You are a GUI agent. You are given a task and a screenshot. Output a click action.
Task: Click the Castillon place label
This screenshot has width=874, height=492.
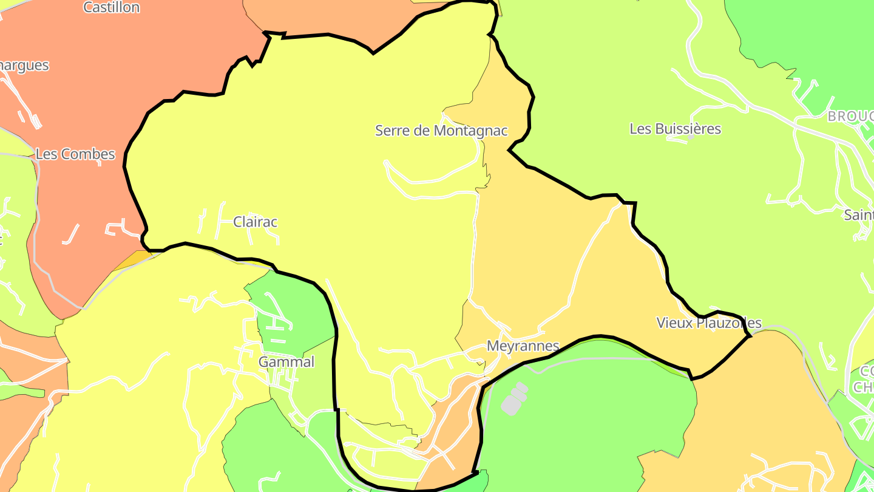click(x=112, y=8)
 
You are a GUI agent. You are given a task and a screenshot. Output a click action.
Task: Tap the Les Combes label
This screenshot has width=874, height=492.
click(x=75, y=154)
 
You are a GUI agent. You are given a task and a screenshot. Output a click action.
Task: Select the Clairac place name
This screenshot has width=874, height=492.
click(x=255, y=222)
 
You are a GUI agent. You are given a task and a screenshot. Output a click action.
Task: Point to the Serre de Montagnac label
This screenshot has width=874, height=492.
click(x=441, y=131)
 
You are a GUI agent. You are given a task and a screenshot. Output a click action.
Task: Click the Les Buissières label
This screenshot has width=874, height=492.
click(x=675, y=129)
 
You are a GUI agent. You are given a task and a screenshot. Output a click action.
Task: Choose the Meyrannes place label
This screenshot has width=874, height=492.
click(x=523, y=346)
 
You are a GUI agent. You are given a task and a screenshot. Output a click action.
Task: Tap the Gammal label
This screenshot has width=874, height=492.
click(x=286, y=362)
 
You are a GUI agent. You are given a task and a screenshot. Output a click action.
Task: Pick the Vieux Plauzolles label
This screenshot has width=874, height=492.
click(x=709, y=323)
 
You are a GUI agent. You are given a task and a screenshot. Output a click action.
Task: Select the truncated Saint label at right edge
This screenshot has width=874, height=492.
click(x=859, y=215)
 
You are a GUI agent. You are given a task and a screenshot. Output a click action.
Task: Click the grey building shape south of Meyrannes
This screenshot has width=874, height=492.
click(x=513, y=400)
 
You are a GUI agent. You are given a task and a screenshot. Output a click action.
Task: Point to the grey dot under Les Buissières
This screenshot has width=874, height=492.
click(x=690, y=137)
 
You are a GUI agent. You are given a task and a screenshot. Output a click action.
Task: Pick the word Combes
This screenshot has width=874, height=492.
click(x=89, y=154)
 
